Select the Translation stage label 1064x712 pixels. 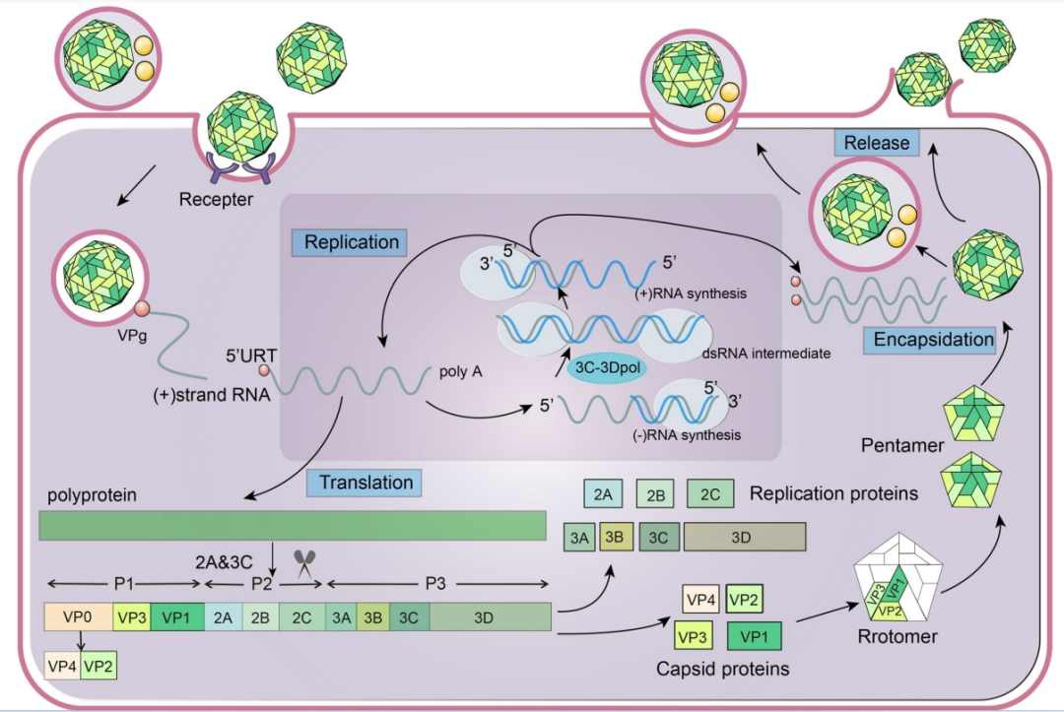[366, 482]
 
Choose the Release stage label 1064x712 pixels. [877, 143]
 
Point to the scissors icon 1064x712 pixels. [303, 564]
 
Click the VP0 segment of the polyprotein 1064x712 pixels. [78, 617]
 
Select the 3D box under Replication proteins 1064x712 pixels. [745, 537]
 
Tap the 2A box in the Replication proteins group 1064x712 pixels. [600, 493]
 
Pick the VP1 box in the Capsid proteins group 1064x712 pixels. [754, 636]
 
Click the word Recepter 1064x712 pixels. [217, 201]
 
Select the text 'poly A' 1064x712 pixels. [459, 373]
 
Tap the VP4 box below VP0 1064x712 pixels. [62, 667]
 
